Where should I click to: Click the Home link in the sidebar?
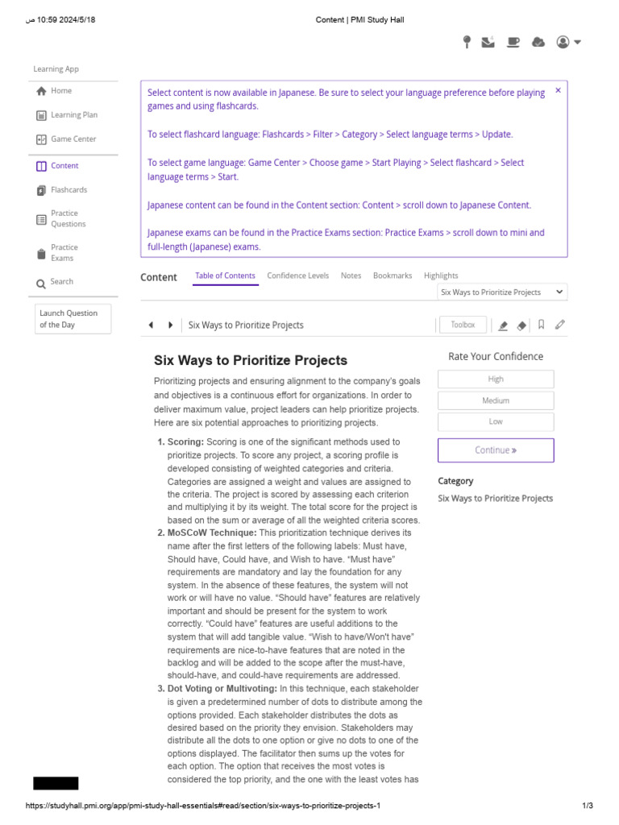click(60, 91)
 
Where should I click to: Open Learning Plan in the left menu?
click(73, 115)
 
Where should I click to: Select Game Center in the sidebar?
click(73, 139)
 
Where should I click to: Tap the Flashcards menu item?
click(69, 190)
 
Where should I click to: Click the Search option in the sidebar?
click(61, 282)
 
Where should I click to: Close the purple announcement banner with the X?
click(558, 90)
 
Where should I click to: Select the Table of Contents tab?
click(225, 276)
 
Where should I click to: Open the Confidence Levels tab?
click(297, 276)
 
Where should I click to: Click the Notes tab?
click(351, 276)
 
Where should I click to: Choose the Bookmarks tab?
click(392, 276)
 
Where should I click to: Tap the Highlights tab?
click(441, 276)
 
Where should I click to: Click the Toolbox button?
click(463, 325)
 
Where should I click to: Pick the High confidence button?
click(496, 379)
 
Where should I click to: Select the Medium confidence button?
click(496, 400)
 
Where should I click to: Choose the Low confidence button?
click(496, 421)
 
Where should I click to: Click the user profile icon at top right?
click(567, 43)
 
